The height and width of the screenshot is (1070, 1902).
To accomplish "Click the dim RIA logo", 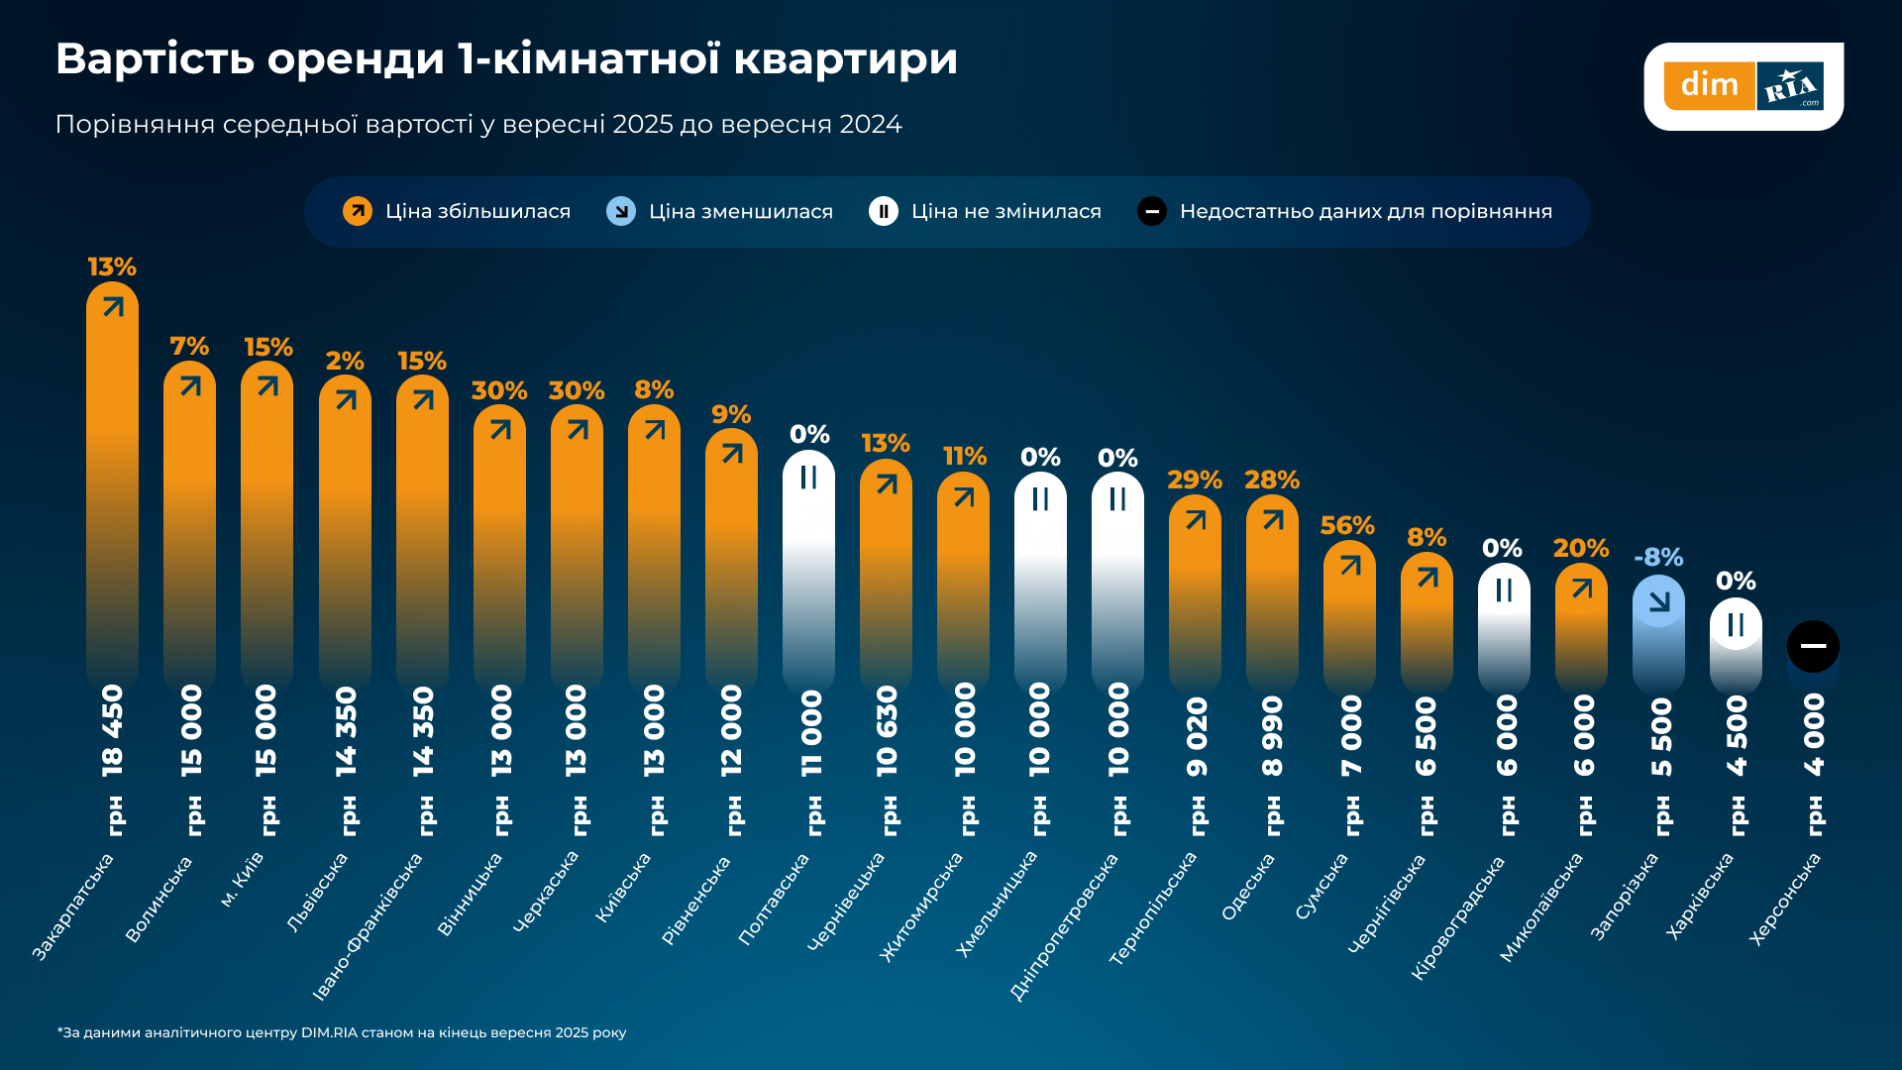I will [1743, 86].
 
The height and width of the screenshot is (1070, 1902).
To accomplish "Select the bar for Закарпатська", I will [112, 485].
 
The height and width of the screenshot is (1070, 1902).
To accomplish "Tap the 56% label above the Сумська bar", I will [1347, 525].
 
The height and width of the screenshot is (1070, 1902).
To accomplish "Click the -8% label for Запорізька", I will [1658, 557].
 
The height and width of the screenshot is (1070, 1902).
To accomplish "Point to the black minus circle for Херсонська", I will [1813, 646].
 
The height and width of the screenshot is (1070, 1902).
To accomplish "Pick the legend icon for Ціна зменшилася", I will [621, 211].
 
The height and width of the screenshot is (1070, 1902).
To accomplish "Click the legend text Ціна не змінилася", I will [1005, 211].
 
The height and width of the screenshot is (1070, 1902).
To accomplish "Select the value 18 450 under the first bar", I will [113, 730].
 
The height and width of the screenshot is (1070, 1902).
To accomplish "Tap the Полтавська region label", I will [775, 900].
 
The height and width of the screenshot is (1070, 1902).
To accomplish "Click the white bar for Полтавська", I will [808, 570].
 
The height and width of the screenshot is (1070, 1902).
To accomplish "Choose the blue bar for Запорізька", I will [1658, 634].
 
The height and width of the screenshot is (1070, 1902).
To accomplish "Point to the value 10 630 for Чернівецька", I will [887, 731].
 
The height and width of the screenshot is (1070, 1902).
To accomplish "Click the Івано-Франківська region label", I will [368, 926].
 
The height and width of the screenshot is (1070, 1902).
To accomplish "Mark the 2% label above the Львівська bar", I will [345, 361].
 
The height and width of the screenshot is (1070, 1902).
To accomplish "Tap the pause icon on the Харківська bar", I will [1736, 624].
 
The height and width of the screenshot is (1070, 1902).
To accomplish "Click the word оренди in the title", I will [356, 57].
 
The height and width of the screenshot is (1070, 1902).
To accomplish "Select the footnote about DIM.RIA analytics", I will [342, 1032].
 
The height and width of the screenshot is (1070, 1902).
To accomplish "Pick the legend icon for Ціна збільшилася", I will [358, 211].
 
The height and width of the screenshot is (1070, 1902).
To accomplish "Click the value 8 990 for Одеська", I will [1273, 736].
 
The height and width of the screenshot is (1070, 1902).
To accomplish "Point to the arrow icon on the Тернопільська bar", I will [1196, 519].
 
